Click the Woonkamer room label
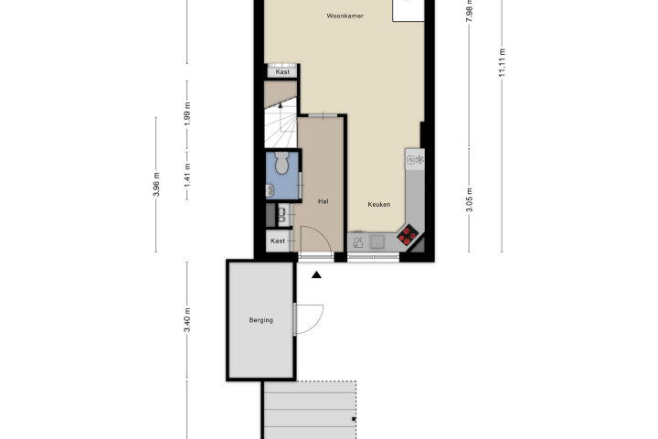coord(345,16)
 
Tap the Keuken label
coord(379,205)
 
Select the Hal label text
coord(324,201)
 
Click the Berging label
coord(261,320)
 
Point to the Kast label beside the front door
coord(278,241)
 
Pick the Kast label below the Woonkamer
coord(282,72)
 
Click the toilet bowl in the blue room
coord(281,163)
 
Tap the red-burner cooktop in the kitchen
coord(407,235)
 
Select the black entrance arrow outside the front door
coord(316,274)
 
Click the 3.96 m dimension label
coord(156,185)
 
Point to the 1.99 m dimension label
coord(187,114)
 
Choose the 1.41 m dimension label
coord(187,176)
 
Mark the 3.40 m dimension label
coord(187,320)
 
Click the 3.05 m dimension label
coord(470,199)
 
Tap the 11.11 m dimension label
coord(502,62)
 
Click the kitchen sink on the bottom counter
coord(377,241)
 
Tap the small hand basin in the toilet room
coord(270,191)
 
